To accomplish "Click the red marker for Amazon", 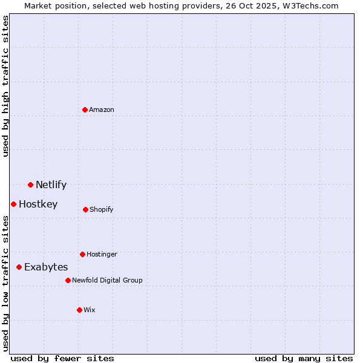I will point(85,110).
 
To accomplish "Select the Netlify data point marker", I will point(30,185).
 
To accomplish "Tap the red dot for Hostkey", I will point(13,204).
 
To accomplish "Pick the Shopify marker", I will point(85,209).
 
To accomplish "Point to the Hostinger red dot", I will point(82,254).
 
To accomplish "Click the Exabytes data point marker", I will point(19,267).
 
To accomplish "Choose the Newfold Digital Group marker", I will point(68,280).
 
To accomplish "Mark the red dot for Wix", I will point(79,310).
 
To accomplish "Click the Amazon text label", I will point(102,110).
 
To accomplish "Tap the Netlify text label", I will point(51,185).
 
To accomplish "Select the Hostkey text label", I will point(38,204).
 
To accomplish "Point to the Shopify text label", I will point(102,209).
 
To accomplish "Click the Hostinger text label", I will point(102,254).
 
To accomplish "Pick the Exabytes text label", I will point(46,267).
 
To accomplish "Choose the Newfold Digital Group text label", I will point(107,280).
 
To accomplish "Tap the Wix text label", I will point(90,310).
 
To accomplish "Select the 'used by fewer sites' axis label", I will point(62,358).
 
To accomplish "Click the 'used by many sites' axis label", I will point(304,358).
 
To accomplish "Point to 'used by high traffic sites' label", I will point(5,86).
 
